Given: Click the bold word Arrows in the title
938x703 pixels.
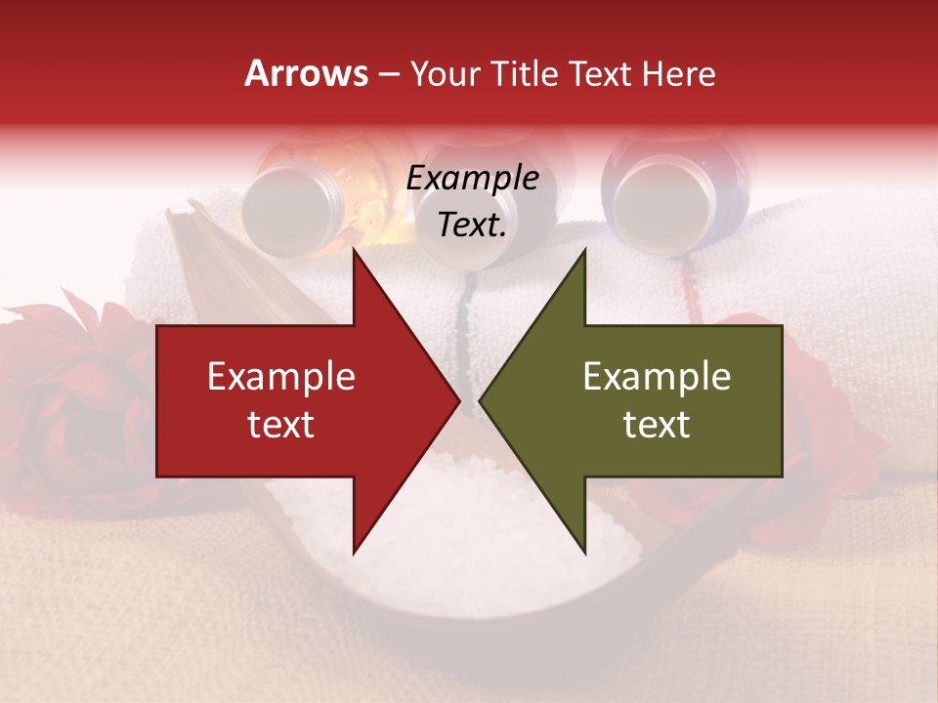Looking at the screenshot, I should tap(306, 73).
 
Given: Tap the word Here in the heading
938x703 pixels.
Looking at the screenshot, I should tap(678, 74).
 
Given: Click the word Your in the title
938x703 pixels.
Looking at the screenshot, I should tap(446, 74).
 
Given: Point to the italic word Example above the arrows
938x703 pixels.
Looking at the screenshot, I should tap(472, 179).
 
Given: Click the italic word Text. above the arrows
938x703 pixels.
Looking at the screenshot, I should tap(472, 226).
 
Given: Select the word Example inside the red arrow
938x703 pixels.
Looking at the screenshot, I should tap(281, 377).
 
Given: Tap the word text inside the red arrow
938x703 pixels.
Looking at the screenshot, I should tap(281, 425).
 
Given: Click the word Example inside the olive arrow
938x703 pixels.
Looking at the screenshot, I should tap(657, 377).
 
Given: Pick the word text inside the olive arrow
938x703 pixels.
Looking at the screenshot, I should tap(657, 425).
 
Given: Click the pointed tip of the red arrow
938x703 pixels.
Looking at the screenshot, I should tap(458, 400).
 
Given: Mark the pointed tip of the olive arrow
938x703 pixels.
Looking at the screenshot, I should tap(480, 400).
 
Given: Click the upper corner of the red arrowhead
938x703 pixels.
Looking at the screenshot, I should tap(354, 249).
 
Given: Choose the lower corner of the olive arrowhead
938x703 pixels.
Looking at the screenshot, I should tap(584, 554).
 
